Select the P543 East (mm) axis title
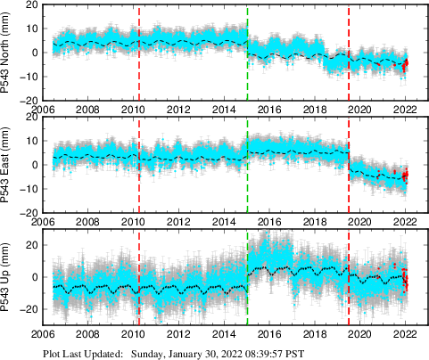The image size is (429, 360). click(7, 165)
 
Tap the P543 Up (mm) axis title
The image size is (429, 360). click(7, 277)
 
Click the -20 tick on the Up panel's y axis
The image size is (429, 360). click(29, 308)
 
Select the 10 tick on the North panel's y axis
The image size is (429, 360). click(31, 28)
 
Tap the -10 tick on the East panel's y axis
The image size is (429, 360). click(29, 189)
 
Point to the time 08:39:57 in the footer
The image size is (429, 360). click(260, 353)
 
